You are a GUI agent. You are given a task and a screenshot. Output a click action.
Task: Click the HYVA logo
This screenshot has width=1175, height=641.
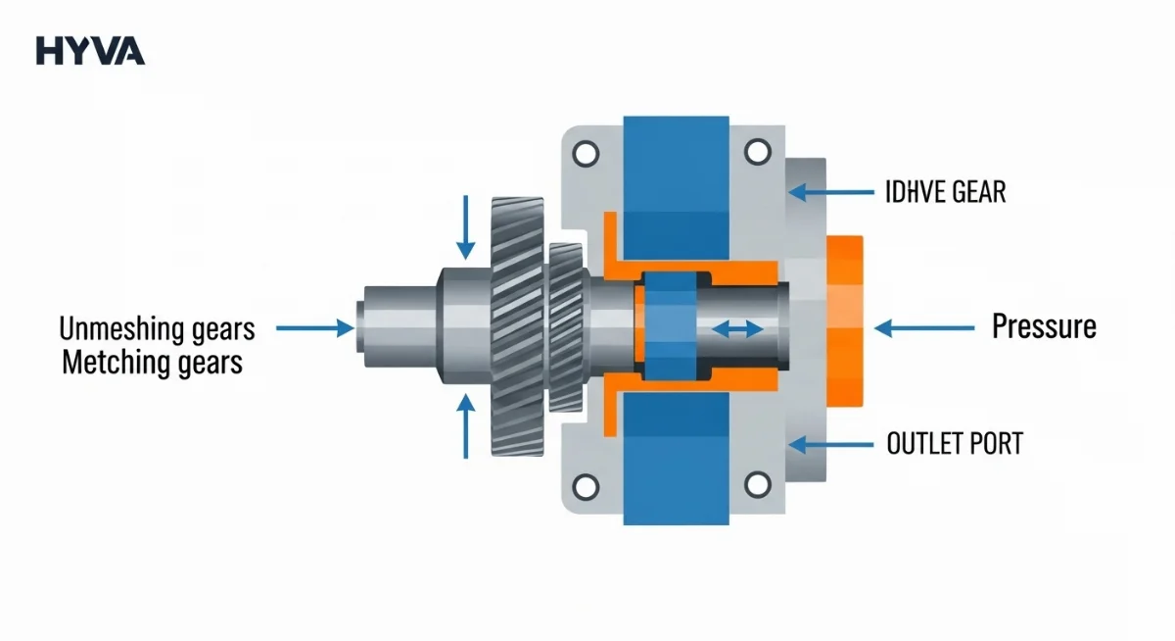(x=90, y=51)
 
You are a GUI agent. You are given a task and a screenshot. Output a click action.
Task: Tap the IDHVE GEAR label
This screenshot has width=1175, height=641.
(x=945, y=192)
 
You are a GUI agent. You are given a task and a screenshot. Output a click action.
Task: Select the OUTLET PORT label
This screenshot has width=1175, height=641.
(x=955, y=444)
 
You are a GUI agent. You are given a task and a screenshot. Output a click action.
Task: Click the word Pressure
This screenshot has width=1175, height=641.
(x=1044, y=326)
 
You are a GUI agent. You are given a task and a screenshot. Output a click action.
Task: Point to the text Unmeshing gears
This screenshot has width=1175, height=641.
(x=157, y=329)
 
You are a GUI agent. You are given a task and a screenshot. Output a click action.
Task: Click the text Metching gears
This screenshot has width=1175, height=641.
(x=152, y=363)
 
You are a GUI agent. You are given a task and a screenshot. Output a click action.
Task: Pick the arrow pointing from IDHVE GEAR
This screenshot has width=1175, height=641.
(x=831, y=192)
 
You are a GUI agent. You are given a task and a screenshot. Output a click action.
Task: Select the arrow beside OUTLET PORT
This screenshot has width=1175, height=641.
(x=831, y=445)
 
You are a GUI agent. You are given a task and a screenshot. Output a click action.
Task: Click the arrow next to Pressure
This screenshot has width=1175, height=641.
(x=924, y=328)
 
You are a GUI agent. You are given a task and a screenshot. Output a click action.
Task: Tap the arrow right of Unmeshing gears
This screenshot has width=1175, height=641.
(x=315, y=328)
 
